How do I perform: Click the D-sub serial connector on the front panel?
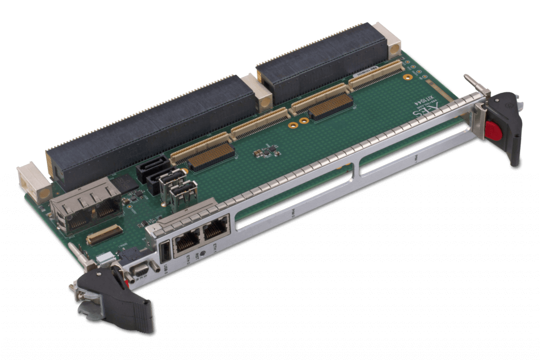pyautogui.click(x=140, y=271)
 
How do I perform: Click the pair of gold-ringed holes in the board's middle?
pyautogui.click(x=298, y=123)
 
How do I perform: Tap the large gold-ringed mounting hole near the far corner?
pyautogui.click(x=407, y=76)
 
